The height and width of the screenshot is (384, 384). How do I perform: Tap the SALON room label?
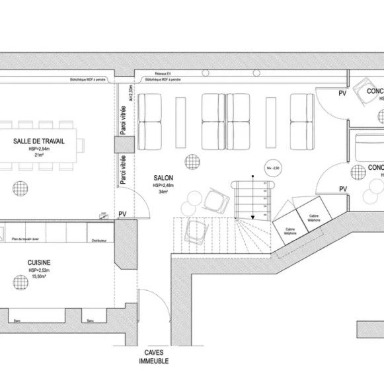tap(163, 178)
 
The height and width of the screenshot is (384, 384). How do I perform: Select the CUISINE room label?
tap(39, 262)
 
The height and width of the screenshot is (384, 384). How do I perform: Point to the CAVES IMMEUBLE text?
tap(153, 357)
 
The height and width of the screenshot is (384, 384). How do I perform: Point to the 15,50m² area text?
tap(39, 277)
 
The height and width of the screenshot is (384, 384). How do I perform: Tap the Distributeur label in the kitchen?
tap(100, 241)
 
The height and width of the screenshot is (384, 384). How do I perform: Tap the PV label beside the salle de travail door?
tap(122, 214)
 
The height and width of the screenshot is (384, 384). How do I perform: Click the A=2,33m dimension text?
tap(132, 93)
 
